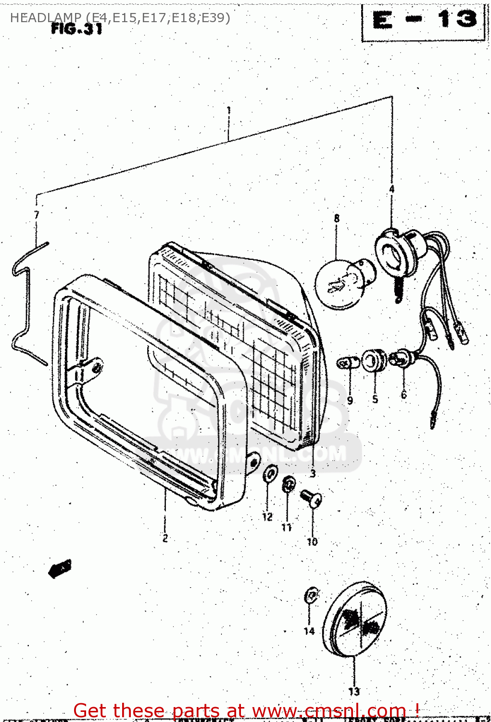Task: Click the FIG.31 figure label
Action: coord(76,29)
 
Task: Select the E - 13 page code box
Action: coord(423,21)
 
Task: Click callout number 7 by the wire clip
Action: coord(37,215)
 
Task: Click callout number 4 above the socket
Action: coord(391,189)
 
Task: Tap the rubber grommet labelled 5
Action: coord(374,361)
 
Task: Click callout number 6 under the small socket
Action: coord(403,395)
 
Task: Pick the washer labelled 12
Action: coord(270,474)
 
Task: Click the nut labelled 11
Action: coord(288,484)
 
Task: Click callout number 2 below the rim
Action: coord(165,538)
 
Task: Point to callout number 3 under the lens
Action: coord(313,474)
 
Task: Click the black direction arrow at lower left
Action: coord(60,568)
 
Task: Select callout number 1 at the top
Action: coord(229,110)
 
